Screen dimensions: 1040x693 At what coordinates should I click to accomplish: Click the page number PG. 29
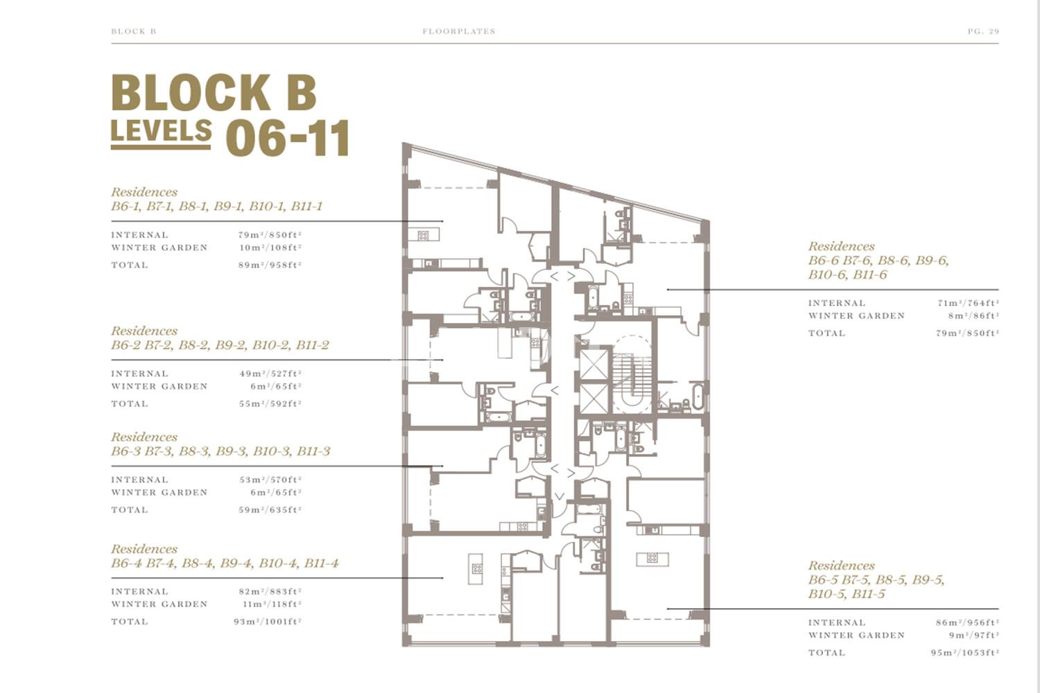pyautogui.click(x=983, y=32)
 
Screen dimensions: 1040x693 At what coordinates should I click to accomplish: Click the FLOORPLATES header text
pyautogui.click(x=459, y=32)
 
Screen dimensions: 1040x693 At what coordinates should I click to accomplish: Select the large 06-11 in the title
pyautogui.click(x=288, y=138)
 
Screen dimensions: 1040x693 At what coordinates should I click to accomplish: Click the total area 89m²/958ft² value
pyautogui.click(x=270, y=265)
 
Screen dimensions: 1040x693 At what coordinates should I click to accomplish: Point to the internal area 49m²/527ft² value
pyautogui.click(x=270, y=374)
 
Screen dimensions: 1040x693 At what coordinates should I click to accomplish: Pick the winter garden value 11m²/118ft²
pyautogui.click(x=272, y=604)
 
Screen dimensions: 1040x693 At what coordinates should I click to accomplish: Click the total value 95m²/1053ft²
pyautogui.click(x=965, y=653)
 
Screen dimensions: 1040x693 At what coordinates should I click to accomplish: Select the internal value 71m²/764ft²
pyautogui.click(x=968, y=303)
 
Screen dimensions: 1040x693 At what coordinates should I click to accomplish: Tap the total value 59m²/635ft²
pyautogui.click(x=270, y=509)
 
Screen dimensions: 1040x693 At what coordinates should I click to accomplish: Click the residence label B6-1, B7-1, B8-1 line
pyautogui.click(x=216, y=206)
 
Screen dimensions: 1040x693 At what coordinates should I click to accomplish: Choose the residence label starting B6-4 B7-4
pyautogui.click(x=225, y=563)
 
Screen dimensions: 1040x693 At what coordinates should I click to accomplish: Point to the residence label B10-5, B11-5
pyautogui.click(x=847, y=594)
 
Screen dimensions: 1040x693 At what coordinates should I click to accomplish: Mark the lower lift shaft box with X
pyautogui.click(x=593, y=398)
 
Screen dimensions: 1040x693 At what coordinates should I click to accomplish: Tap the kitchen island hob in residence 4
pyautogui.click(x=476, y=568)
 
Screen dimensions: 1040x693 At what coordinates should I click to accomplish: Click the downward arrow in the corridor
pyautogui.click(x=560, y=497)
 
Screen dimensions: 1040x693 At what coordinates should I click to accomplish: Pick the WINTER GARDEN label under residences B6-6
pyautogui.click(x=856, y=315)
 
